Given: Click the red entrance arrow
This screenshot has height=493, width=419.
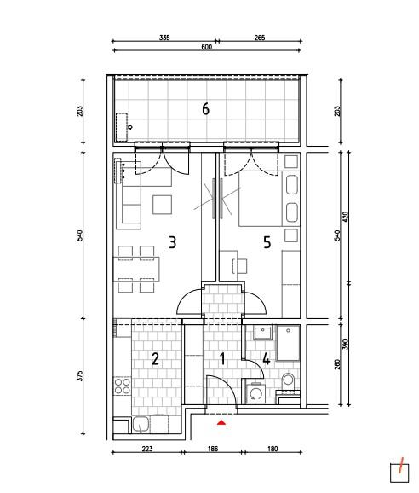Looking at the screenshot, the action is (221, 422).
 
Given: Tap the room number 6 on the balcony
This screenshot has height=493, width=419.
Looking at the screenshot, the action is (205, 109).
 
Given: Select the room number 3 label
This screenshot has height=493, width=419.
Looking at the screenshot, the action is (173, 243).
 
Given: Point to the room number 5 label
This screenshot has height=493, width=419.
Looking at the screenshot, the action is (267, 243).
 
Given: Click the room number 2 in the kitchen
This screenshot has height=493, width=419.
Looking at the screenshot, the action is (155, 359).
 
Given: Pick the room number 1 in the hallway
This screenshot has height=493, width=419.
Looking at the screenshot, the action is (222, 359).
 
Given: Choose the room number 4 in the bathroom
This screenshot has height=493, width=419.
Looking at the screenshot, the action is (267, 359).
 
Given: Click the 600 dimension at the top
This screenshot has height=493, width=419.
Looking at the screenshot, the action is (206, 47).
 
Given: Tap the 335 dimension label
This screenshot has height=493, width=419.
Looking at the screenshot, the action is (164, 38).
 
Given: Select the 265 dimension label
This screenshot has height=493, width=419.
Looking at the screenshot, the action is (260, 38).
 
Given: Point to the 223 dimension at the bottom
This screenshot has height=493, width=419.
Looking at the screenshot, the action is (146, 449).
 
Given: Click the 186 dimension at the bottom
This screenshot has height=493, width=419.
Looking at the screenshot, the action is (213, 449).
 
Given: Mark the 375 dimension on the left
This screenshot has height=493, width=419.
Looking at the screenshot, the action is (80, 376).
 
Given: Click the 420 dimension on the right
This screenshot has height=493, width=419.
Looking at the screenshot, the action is (345, 217).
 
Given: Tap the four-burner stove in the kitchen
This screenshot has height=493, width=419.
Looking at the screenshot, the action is (123, 386).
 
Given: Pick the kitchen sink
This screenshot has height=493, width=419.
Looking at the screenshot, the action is (141, 425).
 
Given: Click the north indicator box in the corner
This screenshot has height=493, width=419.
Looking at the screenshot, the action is (399, 473).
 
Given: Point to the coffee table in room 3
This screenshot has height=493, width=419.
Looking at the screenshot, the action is (162, 205).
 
